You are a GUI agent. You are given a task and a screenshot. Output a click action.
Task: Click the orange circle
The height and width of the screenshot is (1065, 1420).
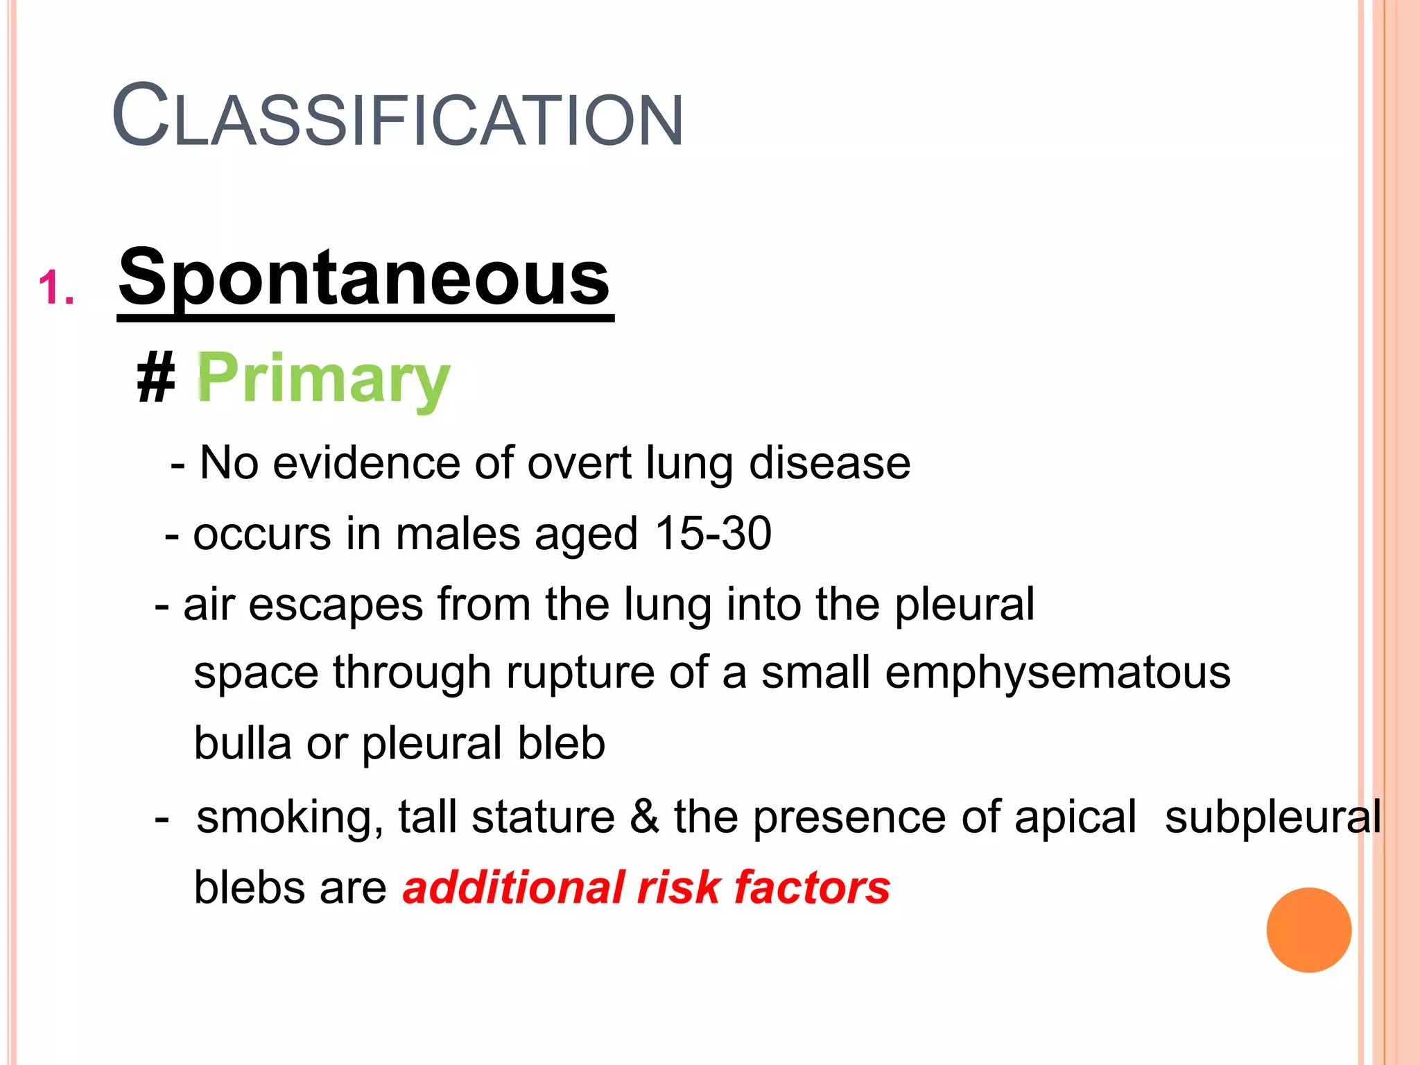pyautogui.click(x=1308, y=930)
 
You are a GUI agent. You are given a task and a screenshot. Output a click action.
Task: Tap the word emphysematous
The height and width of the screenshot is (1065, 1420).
pyautogui.click(x=1057, y=673)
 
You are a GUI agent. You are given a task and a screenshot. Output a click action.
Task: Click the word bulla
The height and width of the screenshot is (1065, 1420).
pyautogui.click(x=242, y=743)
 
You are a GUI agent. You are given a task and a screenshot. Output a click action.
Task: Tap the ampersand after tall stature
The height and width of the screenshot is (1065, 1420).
pyautogui.click(x=644, y=817)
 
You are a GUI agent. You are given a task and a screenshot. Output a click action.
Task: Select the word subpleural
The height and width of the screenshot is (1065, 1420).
pyautogui.click(x=1272, y=817)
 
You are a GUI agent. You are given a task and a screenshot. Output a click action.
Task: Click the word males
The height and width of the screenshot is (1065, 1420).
pyautogui.click(x=458, y=534)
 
